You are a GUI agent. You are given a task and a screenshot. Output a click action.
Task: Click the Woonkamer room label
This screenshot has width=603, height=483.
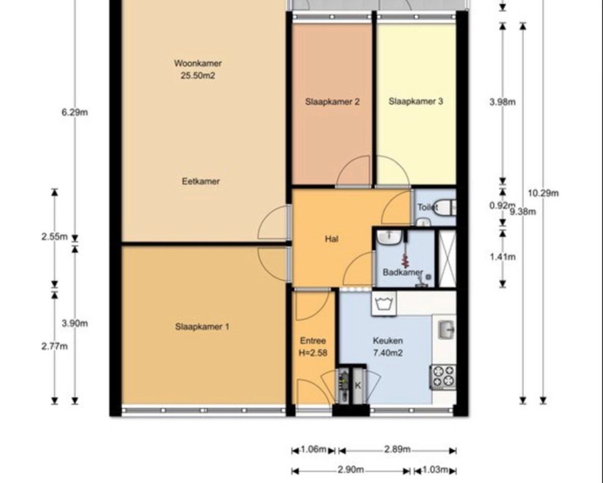click(198, 63)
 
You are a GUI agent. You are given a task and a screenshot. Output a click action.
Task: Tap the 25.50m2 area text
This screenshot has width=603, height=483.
click(198, 76)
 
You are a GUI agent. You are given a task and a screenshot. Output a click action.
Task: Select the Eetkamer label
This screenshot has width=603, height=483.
click(200, 181)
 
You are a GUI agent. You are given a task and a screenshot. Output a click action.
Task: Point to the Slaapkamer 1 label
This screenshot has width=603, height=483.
click(202, 327)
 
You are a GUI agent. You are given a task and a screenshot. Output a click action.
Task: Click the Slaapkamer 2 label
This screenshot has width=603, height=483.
click(332, 102)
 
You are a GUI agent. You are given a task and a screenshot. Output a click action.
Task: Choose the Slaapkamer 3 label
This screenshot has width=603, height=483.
click(416, 101)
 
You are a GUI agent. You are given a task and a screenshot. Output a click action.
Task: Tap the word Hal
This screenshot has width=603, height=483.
click(332, 239)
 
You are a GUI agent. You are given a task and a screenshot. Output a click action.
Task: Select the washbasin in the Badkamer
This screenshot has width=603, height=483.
click(388, 237)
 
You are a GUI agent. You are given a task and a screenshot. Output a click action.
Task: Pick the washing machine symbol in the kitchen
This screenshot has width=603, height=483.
click(384, 303)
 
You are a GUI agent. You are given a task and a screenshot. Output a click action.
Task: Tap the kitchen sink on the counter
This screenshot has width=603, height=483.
click(446, 329)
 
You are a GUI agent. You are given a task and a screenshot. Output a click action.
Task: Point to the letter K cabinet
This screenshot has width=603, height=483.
click(358, 385)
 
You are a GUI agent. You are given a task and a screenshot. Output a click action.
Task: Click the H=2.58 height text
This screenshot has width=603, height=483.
click(313, 353)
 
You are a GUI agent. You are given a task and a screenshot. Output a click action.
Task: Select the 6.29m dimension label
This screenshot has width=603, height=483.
click(75, 113)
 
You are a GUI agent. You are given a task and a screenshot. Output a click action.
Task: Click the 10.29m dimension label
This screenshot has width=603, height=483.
click(543, 193)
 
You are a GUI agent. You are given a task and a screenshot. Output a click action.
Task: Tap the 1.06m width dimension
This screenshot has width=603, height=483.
click(314, 450)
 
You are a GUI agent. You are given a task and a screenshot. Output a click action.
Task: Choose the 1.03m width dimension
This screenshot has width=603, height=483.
click(435, 469)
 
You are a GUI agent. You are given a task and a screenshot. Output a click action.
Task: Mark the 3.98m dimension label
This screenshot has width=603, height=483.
click(502, 102)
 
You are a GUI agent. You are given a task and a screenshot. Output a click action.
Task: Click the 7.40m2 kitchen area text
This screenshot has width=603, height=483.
click(388, 353)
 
